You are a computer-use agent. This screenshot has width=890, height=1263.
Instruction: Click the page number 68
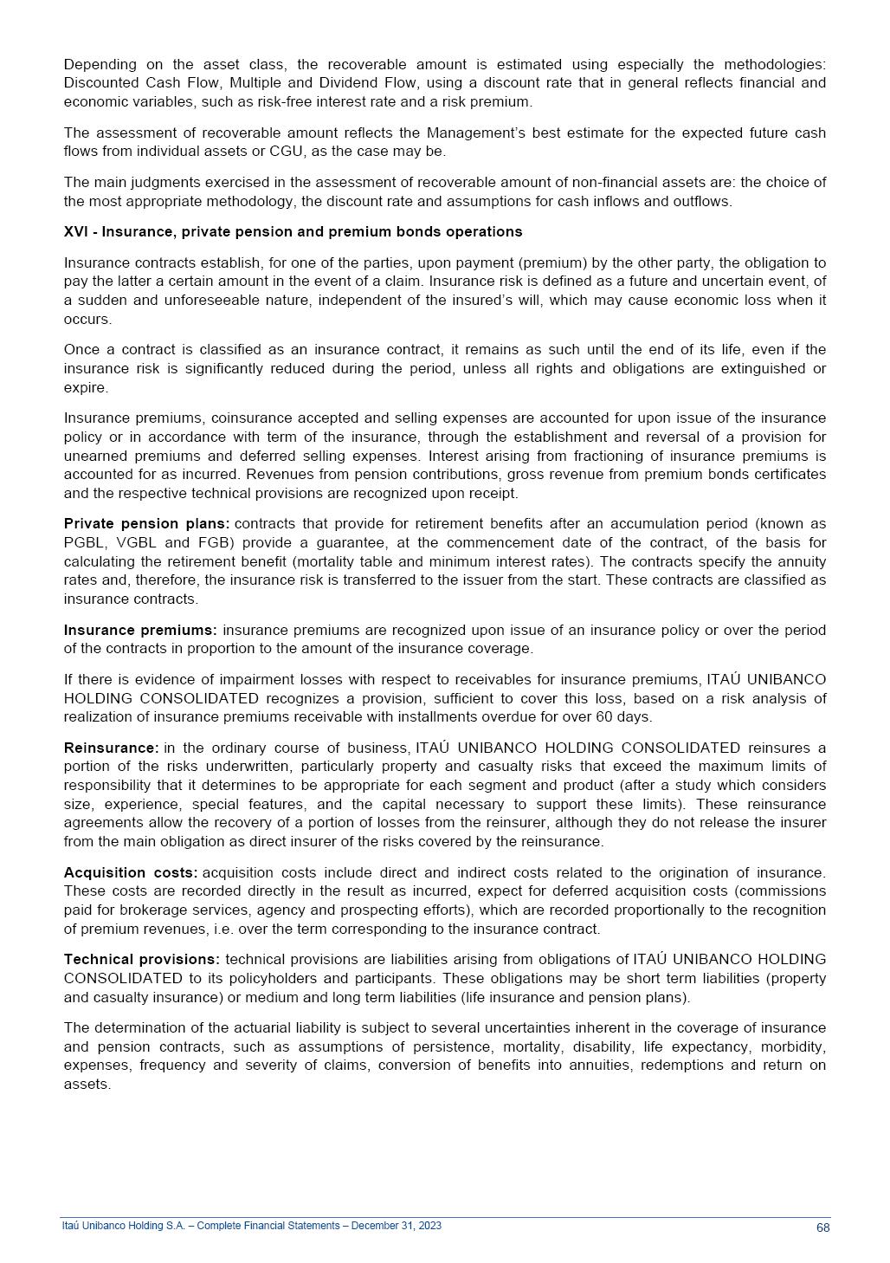point(822,1227)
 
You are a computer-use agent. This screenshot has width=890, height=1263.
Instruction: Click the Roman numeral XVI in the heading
point(75,231)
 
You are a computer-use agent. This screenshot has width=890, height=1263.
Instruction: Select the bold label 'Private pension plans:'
point(146,523)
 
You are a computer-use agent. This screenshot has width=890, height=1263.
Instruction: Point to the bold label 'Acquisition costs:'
point(130,872)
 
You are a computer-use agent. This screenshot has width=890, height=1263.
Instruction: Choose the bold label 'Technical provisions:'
point(141,959)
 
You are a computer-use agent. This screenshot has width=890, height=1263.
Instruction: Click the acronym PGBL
point(83,542)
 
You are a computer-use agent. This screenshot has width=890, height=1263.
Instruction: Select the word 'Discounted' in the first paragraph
point(100,82)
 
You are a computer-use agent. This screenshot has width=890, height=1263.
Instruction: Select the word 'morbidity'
point(793,1046)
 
